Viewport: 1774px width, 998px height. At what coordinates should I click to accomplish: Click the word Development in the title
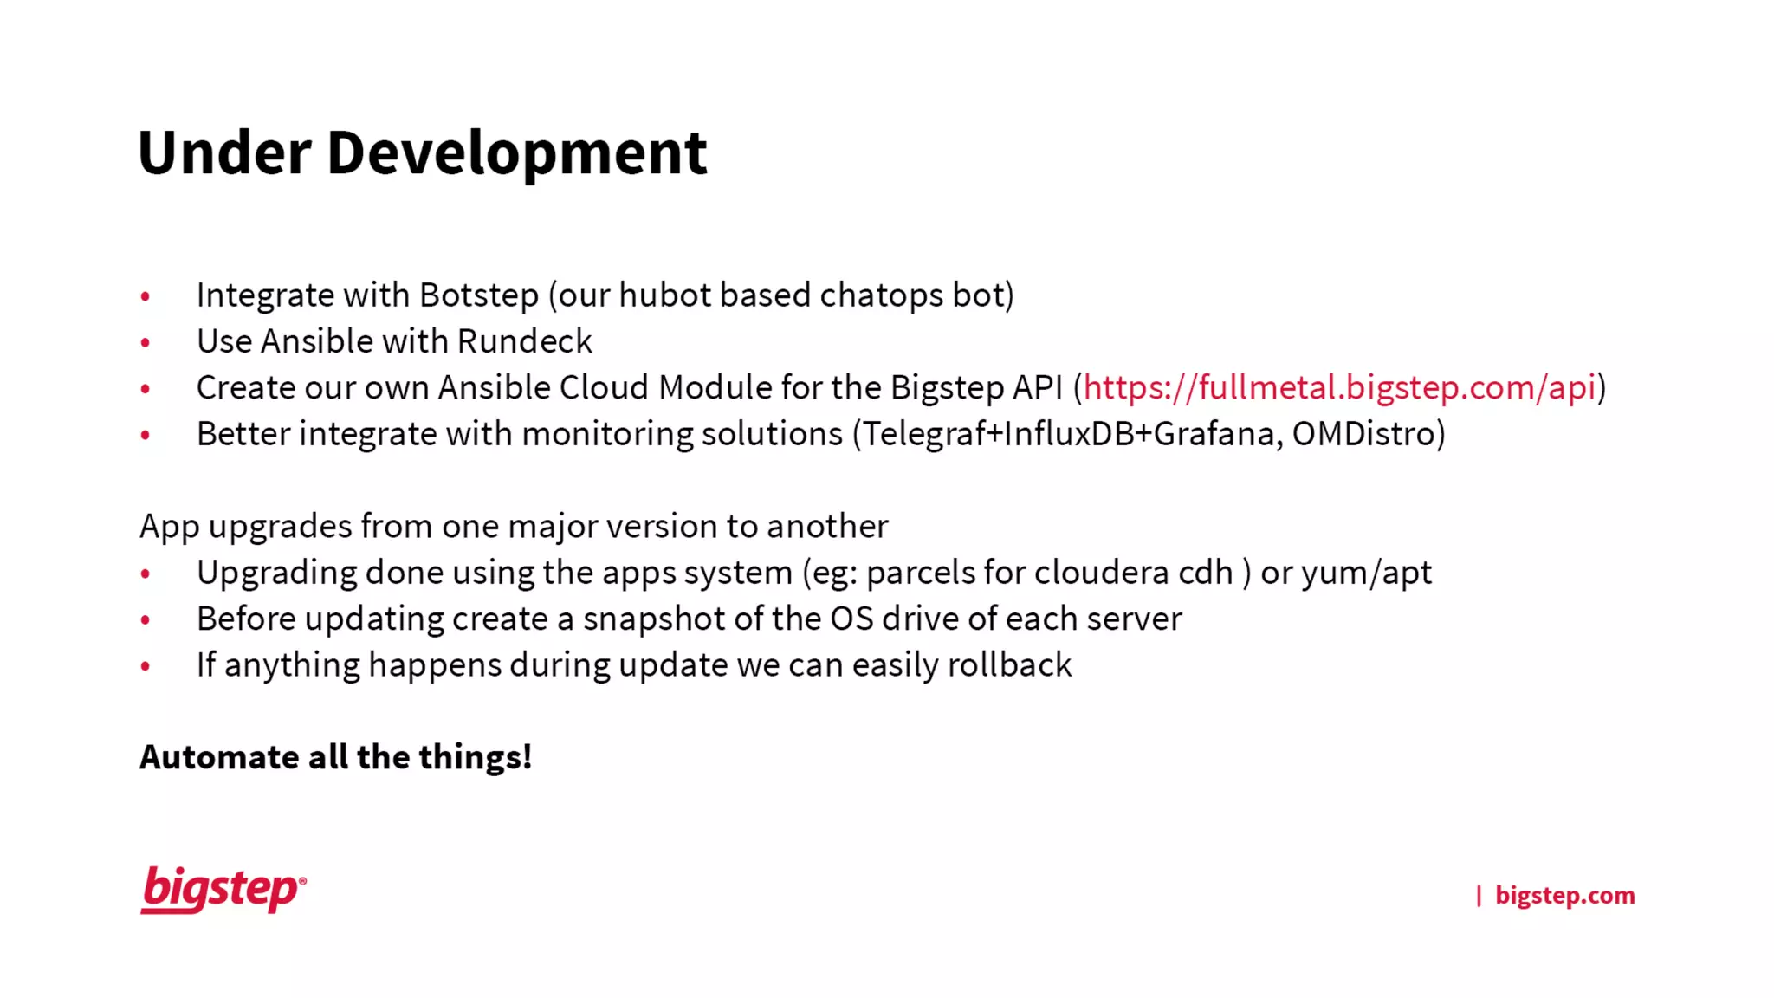(x=516, y=153)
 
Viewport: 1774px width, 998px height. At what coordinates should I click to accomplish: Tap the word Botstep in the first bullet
(x=479, y=295)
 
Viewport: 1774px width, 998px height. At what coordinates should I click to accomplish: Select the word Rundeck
(x=524, y=341)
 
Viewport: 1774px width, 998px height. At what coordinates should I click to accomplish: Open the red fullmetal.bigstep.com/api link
(x=1339, y=387)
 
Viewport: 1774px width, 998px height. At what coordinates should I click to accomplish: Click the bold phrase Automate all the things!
(x=335, y=757)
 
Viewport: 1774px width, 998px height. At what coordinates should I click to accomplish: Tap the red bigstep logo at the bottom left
(x=223, y=890)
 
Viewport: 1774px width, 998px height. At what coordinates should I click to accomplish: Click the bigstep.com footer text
(x=1564, y=895)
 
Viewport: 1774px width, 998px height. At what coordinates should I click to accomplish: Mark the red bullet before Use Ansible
(x=146, y=343)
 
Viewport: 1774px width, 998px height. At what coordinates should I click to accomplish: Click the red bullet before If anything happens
(x=146, y=667)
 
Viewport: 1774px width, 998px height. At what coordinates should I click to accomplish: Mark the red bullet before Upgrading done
(x=146, y=574)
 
